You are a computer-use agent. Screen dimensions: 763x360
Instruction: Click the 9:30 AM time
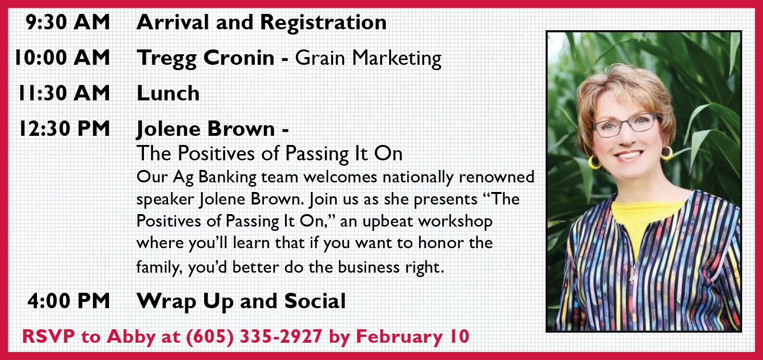point(68,22)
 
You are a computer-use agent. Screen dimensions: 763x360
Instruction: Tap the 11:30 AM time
point(64,93)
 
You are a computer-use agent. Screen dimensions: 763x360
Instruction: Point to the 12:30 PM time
point(65,129)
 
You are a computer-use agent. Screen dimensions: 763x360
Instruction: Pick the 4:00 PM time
point(69,301)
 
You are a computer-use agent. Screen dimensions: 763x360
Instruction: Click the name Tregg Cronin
point(205,59)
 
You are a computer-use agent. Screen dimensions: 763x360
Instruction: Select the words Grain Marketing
point(368,59)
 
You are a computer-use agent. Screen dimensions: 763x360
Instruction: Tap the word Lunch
point(168,93)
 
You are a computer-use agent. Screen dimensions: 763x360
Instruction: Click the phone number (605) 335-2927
point(254,337)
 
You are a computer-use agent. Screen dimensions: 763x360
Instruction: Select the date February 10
point(413,337)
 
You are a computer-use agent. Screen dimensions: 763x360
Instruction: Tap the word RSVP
point(48,336)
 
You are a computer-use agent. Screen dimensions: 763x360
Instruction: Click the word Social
point(315,301)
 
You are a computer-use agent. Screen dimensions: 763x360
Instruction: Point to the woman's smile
point(629,156)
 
